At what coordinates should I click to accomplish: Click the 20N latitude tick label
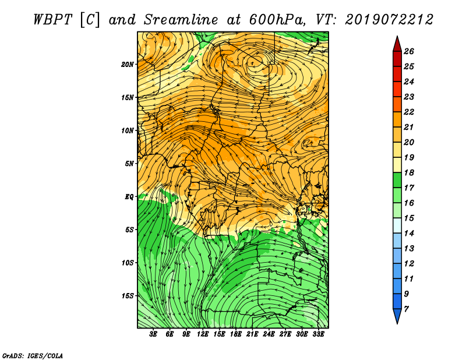128,65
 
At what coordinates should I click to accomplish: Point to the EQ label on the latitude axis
129,197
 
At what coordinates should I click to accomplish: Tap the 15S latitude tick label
128,296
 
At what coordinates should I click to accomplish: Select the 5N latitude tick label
129,164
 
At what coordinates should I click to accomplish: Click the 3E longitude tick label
153,334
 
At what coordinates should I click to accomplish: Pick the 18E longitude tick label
236,334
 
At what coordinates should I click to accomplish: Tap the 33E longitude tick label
318,334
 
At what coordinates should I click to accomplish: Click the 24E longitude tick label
269,334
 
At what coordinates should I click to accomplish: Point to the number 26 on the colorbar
409,51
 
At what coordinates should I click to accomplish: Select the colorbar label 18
409,172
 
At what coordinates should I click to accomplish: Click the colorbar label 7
406,309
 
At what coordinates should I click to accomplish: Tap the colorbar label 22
409,112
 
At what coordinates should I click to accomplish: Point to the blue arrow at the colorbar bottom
397,315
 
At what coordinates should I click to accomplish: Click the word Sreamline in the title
181,20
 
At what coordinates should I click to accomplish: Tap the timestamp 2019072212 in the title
389,20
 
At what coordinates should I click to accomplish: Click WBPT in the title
52,20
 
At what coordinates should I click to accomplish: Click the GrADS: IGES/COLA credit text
33,356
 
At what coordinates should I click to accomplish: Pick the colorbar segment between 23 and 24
397,89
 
